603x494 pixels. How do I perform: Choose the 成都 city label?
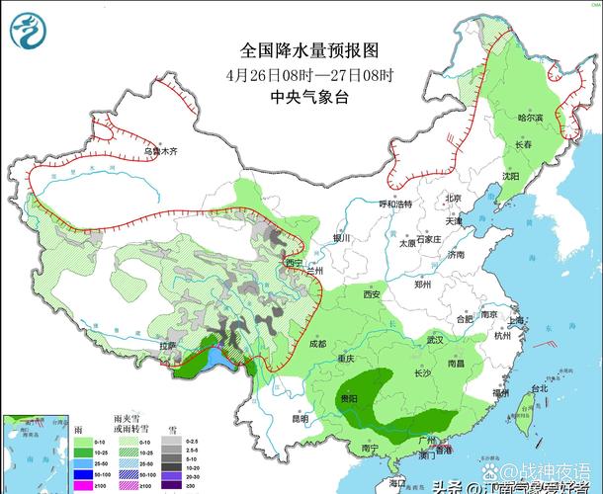click(316, 344)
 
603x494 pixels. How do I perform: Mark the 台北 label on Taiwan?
click(539, 389)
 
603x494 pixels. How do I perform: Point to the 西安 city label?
click(372, 294)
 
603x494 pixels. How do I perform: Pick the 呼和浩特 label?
click(394, 204)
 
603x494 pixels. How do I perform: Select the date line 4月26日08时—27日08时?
click(308, 74)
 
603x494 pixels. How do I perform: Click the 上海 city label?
click(514, 321)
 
